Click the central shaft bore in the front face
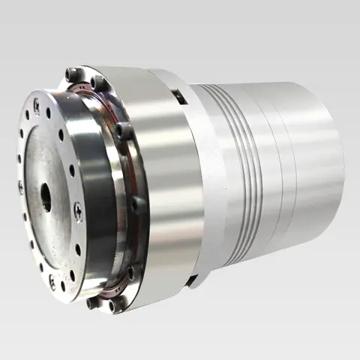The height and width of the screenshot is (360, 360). point(46,196)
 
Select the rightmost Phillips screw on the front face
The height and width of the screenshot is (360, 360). point(77,211)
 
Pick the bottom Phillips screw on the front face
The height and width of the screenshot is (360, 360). point(52,282)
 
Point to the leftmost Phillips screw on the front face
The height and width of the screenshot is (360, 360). point(20,187)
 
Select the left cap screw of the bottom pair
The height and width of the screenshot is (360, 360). point(93,303)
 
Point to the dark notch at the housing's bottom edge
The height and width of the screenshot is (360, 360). point(193,281)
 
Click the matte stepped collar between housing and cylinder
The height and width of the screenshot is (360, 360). point(206,180)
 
